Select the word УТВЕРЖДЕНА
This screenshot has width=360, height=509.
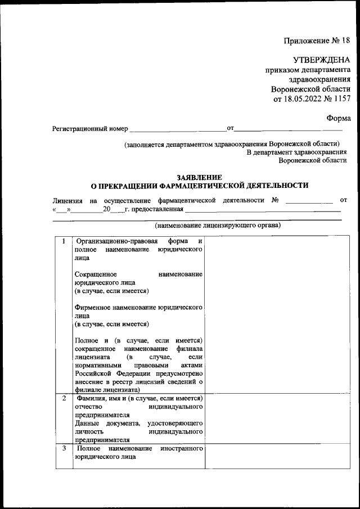322,60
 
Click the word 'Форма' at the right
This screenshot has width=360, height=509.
339,118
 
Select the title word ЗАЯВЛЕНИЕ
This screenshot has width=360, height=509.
200,177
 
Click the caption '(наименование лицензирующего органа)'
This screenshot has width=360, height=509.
218,226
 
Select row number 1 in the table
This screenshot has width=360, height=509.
64,241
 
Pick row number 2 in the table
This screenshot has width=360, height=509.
64,399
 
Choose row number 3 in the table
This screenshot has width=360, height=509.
64,448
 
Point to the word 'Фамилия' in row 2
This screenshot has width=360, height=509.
90,399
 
